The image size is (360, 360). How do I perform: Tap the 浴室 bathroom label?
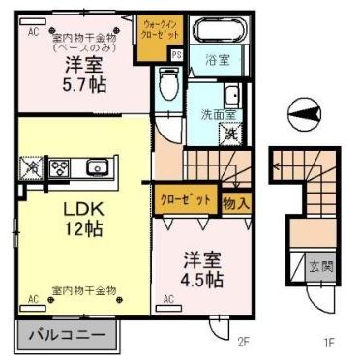pos(217,60)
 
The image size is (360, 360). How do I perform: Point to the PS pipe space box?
pos(176,56)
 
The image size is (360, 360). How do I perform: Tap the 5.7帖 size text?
pos(84,84)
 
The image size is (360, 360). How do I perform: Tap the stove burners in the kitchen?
pos(60,168)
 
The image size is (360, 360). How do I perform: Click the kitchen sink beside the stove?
pos(98,168)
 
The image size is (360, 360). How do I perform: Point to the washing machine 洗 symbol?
pos(231,135)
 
